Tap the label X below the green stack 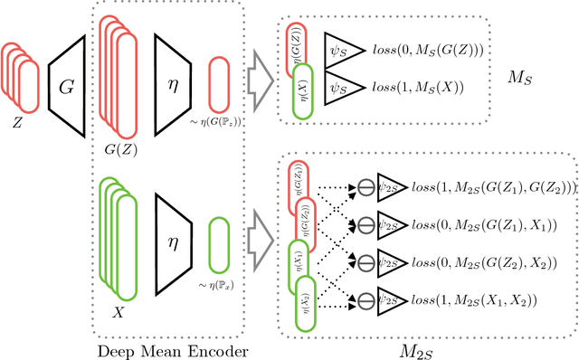[116, 308]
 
